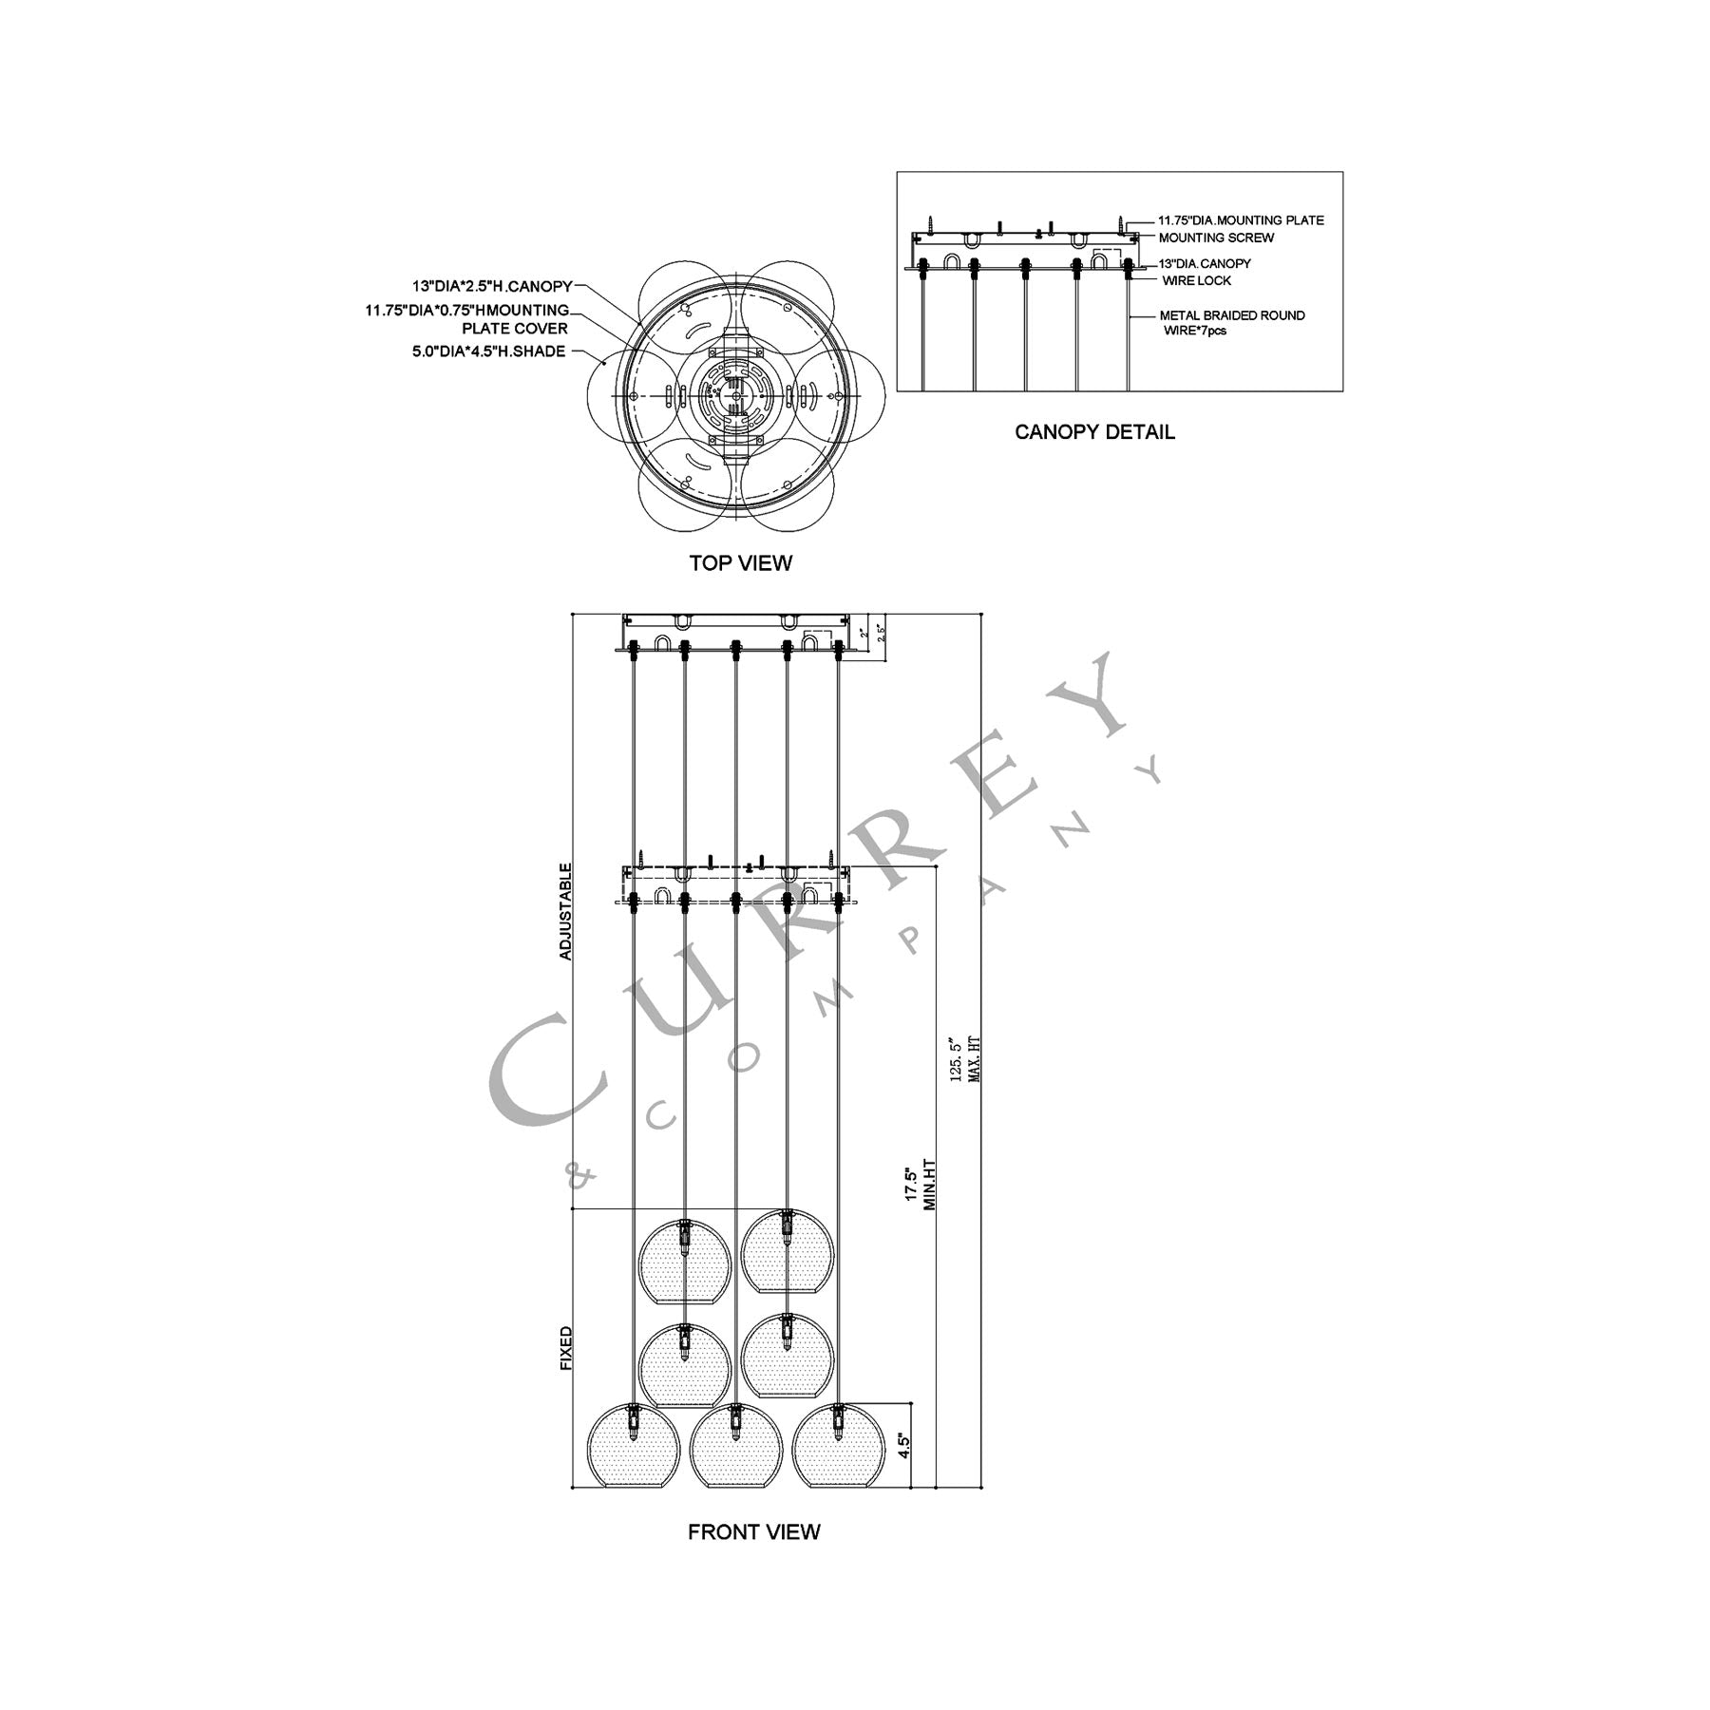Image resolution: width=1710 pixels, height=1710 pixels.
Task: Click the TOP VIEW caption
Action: coord(740,563)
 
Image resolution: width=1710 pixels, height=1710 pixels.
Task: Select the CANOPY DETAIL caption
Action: coord(1094,432)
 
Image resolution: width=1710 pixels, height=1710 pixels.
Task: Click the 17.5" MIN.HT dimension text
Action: coord(921,1187)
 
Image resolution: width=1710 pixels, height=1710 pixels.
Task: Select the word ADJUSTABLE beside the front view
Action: coord(566,911)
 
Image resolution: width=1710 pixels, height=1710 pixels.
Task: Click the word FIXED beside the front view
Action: coord(566,1348)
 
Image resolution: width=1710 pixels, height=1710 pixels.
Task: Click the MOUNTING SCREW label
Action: coord(1216,237)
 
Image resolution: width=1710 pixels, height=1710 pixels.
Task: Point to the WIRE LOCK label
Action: coord(1196,280)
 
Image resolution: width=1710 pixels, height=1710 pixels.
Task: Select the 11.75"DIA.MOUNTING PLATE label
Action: coord(1241,220)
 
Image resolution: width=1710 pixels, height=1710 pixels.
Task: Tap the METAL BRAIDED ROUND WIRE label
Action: coord(1232,322)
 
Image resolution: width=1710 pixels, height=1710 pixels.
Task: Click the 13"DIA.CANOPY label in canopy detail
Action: coord(1205,263)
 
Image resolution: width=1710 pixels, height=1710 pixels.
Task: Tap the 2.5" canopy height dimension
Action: coord(883,633)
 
